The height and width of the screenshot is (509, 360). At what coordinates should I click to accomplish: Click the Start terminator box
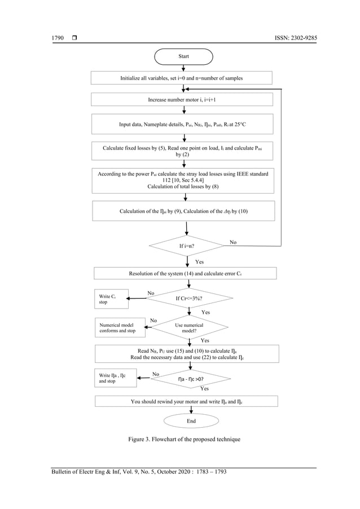183,56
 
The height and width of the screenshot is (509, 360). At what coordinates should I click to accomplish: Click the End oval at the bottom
191,420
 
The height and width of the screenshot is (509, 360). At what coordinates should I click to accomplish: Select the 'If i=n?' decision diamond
186,247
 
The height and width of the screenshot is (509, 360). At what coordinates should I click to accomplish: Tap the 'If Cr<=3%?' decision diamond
189,298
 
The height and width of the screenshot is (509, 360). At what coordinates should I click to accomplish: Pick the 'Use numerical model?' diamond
189,328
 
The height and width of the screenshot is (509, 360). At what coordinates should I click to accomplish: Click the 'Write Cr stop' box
111,299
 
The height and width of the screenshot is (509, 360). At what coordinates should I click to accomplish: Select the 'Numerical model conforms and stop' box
120,328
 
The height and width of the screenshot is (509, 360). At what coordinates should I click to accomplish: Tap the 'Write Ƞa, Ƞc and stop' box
115,378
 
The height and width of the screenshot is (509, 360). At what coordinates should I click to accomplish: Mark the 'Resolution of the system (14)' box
185,273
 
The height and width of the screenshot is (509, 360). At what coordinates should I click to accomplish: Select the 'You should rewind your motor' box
186,401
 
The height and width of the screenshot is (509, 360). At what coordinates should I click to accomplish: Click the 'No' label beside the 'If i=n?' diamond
234,242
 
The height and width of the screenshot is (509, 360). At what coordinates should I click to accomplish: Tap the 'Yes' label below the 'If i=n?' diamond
200,262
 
